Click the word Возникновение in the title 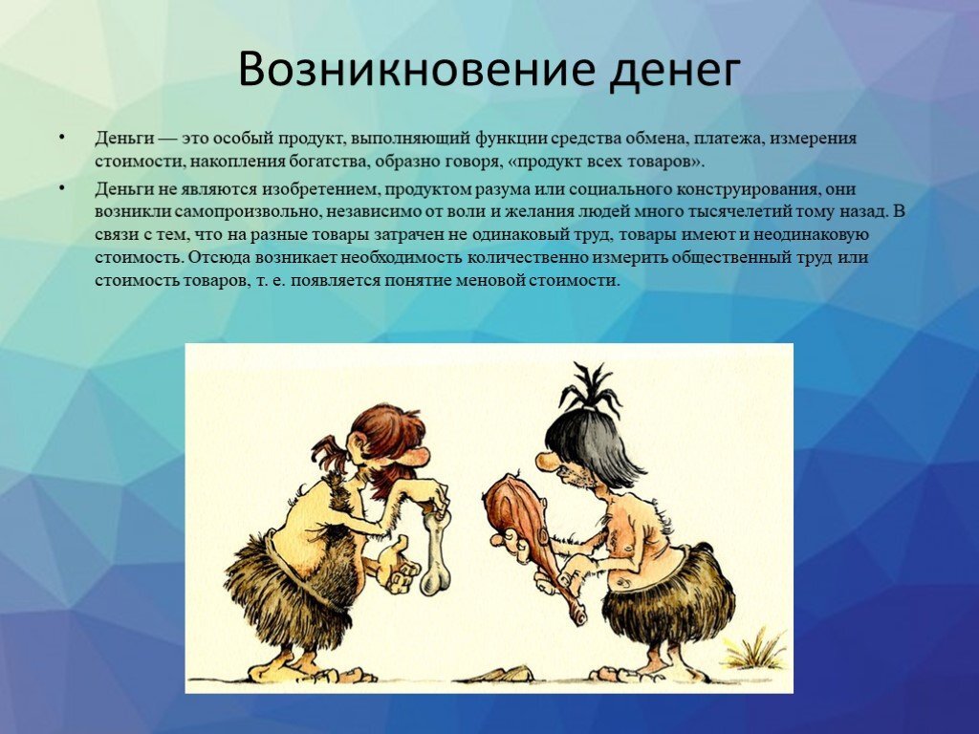(416, 68)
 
